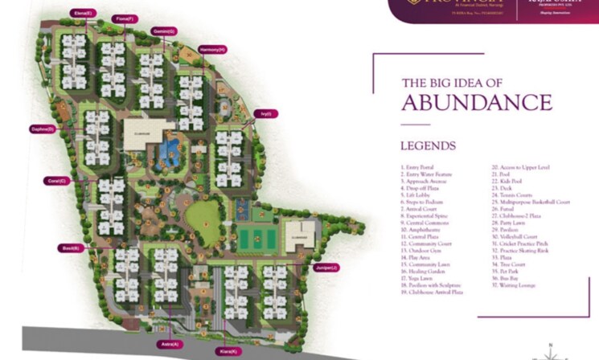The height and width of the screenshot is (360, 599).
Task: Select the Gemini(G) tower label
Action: (166, 31)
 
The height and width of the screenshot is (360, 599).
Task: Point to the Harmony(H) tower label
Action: (211, 49)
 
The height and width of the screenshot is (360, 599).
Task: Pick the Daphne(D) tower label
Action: (42, 129)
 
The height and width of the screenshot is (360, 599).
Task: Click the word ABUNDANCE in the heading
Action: (476, 103)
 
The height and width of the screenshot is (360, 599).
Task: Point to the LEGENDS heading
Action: (428, 146)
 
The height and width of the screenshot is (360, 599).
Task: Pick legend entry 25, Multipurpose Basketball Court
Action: (530, 202)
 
